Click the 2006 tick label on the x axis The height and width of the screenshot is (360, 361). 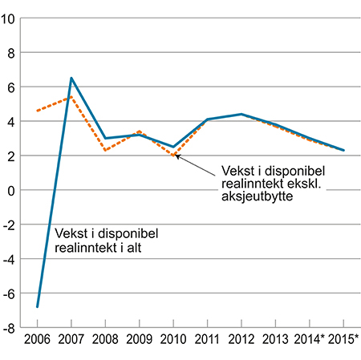click(x=37, y=339)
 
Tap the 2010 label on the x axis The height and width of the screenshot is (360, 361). click(x=173, y=339)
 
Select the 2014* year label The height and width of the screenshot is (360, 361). click(x=310, y=339)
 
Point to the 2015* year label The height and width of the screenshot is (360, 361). click(x=344, y=339)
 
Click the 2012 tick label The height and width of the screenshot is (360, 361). click(x=241, y=339)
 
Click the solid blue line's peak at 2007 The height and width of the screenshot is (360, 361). click(x=71, y=79)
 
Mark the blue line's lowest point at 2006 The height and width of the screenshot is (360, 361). click(x=37, y=307)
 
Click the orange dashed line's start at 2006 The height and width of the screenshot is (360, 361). click(x=37, y=111)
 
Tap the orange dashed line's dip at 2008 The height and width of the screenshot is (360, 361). click(x=105, y=151)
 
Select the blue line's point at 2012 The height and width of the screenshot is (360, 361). click(x=241, y=115)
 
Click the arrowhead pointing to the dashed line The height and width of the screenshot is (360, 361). click(x=176, y=156)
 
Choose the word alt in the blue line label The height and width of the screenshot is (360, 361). click(x=145, y=249)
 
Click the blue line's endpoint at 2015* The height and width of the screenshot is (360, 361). click(x=344, y=151)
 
